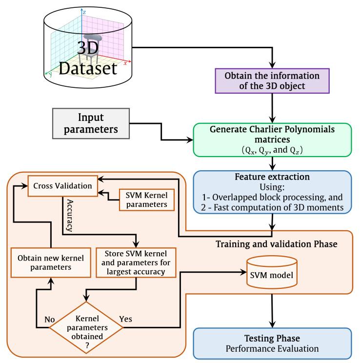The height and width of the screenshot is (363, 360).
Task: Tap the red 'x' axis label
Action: [x=125, y=63]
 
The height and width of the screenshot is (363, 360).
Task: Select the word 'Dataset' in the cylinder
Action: [x=88, y=68]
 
